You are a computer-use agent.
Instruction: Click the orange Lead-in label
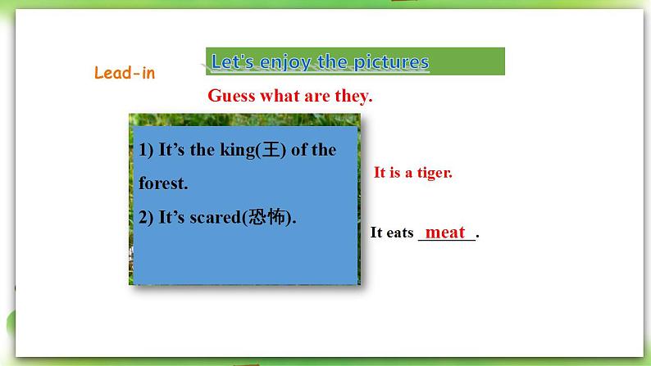(125, 73)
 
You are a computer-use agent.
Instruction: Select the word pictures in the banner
(391, 61)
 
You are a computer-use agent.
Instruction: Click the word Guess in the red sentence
(231, 96)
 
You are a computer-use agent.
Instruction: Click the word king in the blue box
(238, 150)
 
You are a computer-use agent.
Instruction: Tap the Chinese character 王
(271, 149)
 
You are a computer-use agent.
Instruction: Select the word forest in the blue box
(162, 183)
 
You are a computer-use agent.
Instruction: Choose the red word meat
(445, 232)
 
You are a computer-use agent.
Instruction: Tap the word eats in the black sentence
(400, 233)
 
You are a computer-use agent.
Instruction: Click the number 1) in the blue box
(146, 150)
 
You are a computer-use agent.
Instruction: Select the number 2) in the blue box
(146, 217)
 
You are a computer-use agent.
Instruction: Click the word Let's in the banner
(232, 61)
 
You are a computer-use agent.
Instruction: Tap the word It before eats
(376, 232)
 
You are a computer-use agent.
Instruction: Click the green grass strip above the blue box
(244, 120)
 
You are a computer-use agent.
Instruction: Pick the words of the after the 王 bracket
(313, 150)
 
